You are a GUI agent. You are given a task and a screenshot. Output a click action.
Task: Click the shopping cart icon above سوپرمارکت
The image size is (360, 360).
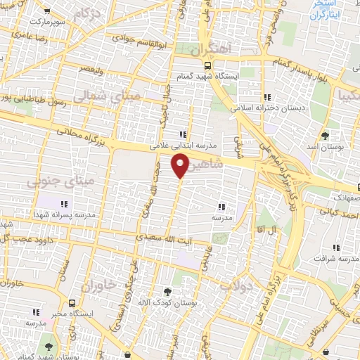click(x=46, y=12)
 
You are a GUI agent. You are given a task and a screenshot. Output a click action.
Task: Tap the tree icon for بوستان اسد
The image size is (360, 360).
click(x=324, y=136)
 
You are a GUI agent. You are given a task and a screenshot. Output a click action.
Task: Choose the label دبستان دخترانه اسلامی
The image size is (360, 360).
click(x=265, y=108)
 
